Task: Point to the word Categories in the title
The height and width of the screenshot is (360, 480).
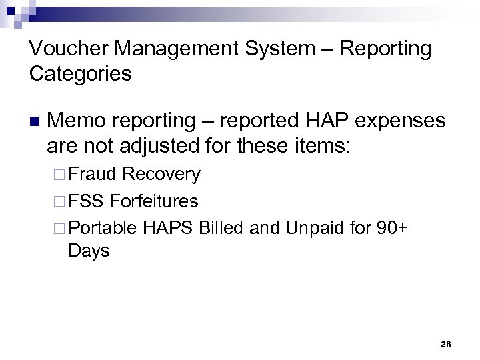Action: click(x=81, y=73)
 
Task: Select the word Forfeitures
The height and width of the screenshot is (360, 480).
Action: click(x=154, y=200)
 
